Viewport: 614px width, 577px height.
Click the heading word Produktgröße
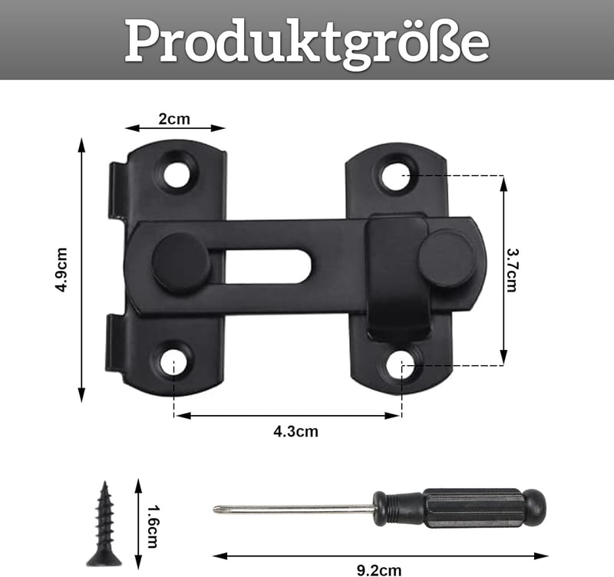(307, 42)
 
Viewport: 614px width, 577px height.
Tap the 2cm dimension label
(174, 119)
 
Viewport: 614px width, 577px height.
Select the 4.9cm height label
(61, 270)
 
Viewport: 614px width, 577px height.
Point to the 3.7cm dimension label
(511, 270)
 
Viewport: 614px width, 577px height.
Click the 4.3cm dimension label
(295, 431)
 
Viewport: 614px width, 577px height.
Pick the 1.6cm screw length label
(153, 526)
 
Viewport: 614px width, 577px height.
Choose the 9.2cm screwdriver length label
(379, 570)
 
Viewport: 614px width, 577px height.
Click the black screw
(104, 524)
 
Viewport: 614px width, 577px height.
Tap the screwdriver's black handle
(458, 508)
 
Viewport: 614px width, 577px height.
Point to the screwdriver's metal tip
(216, 509)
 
